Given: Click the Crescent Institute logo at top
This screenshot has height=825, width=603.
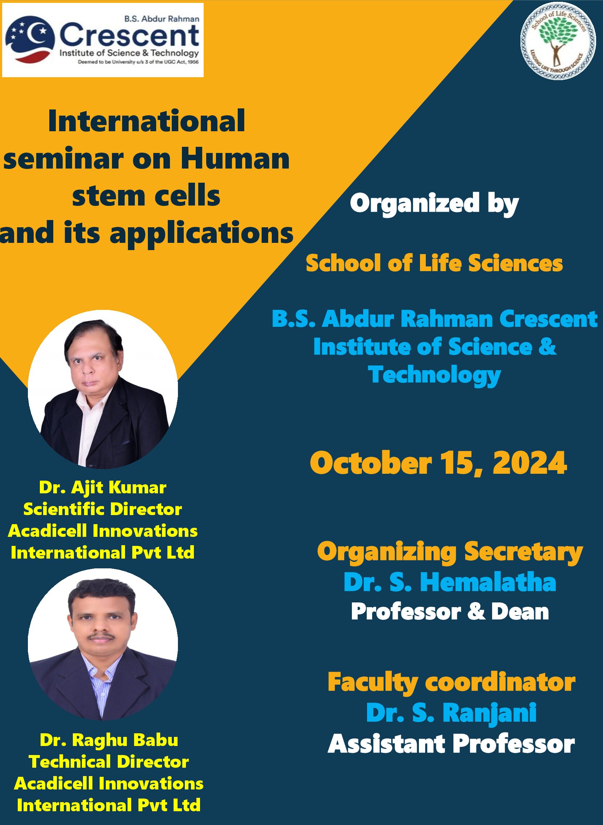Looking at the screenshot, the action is pos(103,40).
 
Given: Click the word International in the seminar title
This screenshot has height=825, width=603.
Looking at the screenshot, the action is pos(146,121).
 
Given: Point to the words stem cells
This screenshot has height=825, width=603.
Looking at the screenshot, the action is pos(146,196).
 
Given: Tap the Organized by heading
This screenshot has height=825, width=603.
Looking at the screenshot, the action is pos(434,204).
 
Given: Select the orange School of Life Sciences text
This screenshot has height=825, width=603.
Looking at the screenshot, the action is pos(434,263).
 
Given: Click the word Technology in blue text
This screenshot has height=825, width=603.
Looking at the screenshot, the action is pos(434,375).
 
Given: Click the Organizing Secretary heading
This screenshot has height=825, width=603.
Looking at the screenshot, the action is pos(450,552).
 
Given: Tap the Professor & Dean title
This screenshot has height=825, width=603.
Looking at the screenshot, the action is pos(450,612).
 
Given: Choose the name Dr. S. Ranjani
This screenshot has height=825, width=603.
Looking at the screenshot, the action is pos(452,713).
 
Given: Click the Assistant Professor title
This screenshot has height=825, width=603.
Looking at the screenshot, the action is pos(452,743).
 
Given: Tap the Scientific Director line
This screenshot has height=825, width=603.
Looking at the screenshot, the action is pos(103,509).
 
